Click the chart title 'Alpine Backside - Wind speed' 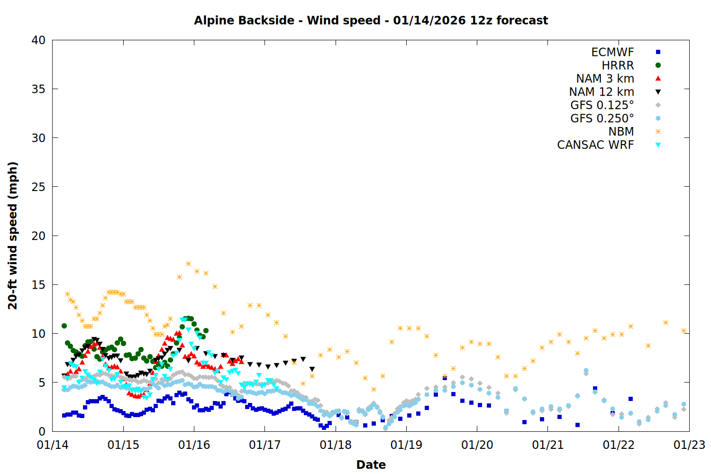pyautogui.click(x=371, y=20)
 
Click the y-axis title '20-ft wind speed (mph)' pyautogui.click(x=13, y=236)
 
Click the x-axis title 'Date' pyautogui.click(x=371, y=465)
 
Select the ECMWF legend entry pyautogui.click(x=612, y=52)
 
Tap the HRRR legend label pyautogui.click(x=618, y=65)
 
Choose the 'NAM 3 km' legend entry pyautogui.click(x=605, y=79)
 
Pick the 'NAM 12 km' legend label pyautogui.click(x=602, y=92)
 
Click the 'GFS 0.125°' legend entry pyautogui.click(x=602, y=105)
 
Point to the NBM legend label pyautogui.click(x=621, y=132)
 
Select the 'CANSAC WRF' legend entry pyautogui.click(x=595, y=145)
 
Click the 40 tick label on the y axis pyautogui.click(x=38, y=40)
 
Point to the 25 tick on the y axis pyautogui.click(x=38, y=187)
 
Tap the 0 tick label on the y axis pyautogui.click(x=42, y=431)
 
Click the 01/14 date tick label pyautogui.click(x=53, y=445)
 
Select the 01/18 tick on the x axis pyautogui.click(x=336, y=445)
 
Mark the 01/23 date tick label pyautogui.click(x=689, y=445)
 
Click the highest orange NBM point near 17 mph pyautogui.click(x=188, y=264)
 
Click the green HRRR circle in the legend pyautogui.click(x=658, y=65)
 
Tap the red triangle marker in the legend pyautogui.click(x=658, y=78)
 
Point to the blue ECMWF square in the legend pyautogui.click(x=658, y=52)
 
